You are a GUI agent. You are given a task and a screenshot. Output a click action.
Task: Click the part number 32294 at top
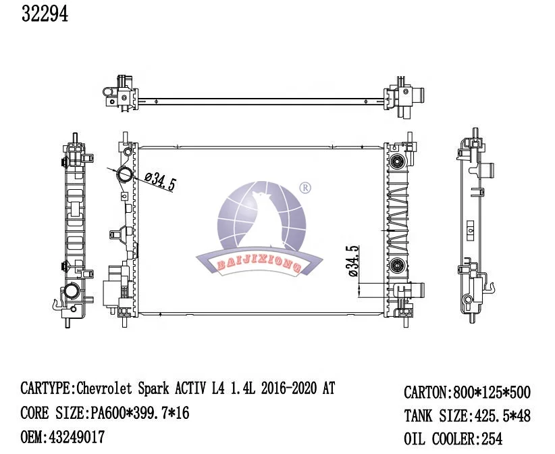(x=45, y=14)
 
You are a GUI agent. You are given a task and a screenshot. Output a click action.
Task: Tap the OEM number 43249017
(x=77, y=437)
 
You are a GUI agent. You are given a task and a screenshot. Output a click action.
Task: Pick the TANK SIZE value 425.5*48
(x=500, y=415)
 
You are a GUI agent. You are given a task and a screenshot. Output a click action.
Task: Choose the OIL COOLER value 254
(x=492, y=438)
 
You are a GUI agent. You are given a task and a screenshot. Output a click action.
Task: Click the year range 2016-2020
(x=288, y=389)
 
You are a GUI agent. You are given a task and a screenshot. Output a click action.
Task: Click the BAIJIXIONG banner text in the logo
(x=259, y=265)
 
